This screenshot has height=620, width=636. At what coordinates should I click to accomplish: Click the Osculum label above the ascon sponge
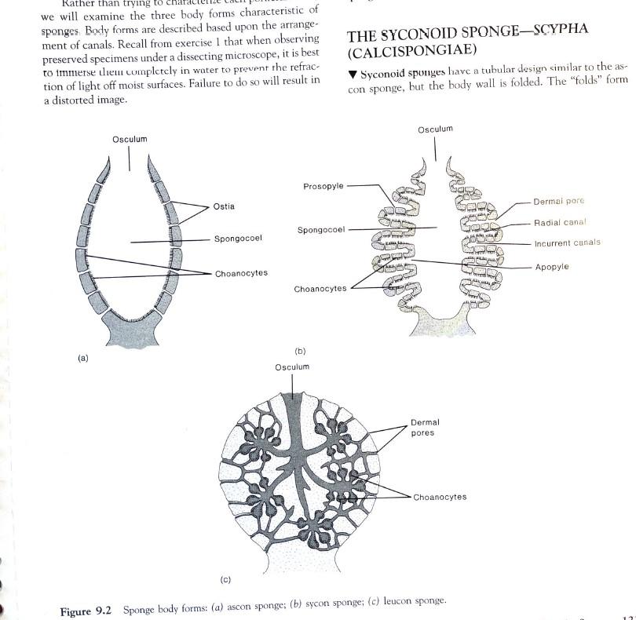[x=130, y=139]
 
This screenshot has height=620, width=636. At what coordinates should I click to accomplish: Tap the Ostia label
[x=224, y=206]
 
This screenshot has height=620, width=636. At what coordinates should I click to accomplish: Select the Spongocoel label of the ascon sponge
[x=238, y=238]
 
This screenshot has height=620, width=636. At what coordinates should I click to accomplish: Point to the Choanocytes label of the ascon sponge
[x=241, y=273]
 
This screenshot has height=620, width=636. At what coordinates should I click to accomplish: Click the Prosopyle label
[x=323, y=186]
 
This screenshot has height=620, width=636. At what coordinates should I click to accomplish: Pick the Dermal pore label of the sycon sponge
[x=559, y=201]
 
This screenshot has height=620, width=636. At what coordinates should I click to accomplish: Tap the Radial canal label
[x=561, y=222]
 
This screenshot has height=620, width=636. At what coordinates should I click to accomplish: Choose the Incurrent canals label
[x=567, y=243]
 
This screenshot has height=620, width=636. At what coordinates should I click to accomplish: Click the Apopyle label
[x=552, y=267]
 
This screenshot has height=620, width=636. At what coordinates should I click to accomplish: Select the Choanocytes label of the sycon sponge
[x=320, y=289]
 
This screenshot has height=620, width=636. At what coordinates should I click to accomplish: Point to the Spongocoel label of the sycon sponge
[x=321, y=230]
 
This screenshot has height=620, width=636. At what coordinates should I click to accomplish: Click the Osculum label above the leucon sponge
[x=292, y=367]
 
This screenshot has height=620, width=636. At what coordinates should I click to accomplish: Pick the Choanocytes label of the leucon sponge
[x=440, y=497]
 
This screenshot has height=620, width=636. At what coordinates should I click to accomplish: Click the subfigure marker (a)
[x=83, y=358]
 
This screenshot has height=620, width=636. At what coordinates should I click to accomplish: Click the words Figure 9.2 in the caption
[x=87, y=611]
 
